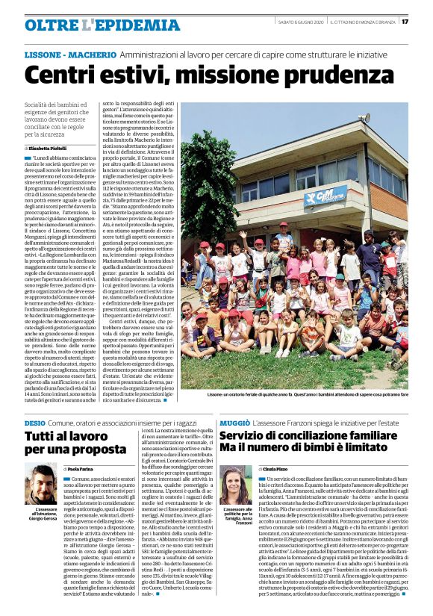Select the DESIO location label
(x=34, y=423)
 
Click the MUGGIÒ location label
(x=234, y=423)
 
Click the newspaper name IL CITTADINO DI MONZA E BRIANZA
(x=363, y=22)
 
